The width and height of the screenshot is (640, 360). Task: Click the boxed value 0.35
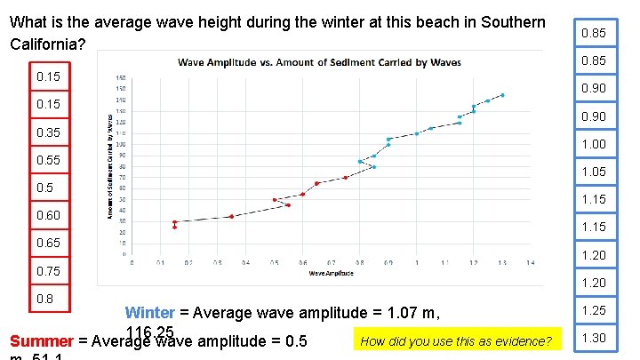pos(49,133)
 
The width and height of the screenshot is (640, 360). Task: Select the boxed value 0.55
pos(49,161)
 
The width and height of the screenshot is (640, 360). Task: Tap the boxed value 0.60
pos(49,216)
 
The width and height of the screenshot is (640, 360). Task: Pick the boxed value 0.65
pos(49,243)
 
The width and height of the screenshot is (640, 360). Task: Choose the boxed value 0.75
pos(49,271)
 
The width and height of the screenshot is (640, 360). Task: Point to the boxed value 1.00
pos(593,144)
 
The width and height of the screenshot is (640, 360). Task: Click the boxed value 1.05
pos(593,172)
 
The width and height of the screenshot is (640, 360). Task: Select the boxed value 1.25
pos(593,311)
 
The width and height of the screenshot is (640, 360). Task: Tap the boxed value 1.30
pos(593,338)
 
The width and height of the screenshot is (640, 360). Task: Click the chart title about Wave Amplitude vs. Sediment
pos(319,62)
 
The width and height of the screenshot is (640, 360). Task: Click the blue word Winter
pos(149,313)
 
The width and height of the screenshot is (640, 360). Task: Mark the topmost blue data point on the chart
pos(502,95)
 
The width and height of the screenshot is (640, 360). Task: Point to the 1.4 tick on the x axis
pos(530,262)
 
